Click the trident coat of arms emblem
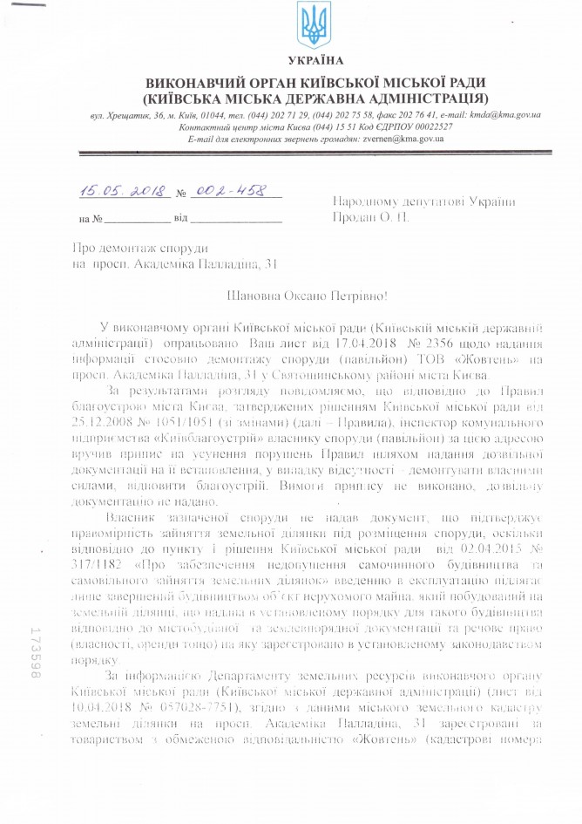tap(315, 26)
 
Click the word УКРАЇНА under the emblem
tap(315, 61)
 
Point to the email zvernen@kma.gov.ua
tap(378, 139)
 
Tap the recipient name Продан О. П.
tap(371, 216)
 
